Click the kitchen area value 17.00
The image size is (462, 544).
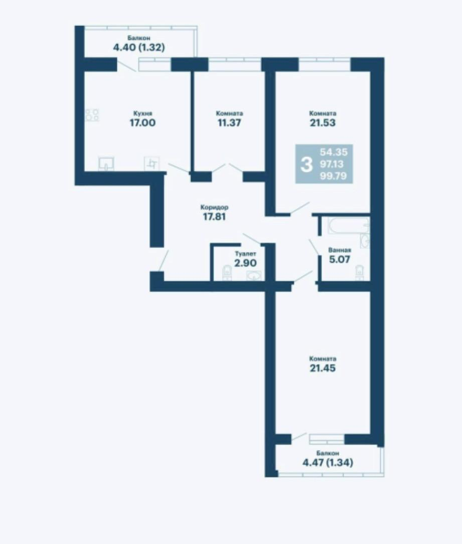click(x=142, y=122)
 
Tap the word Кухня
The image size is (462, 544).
click(x=143, y=113)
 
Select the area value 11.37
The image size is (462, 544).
click(x=229, y=122)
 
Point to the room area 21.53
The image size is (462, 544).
click(x=323, y=122)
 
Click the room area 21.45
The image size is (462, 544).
click(x=323, y=368)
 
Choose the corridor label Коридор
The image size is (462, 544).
click(x=214, y=207)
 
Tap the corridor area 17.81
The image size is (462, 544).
click(x=214, y=217)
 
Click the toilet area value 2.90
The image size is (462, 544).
click(x=246, y=263)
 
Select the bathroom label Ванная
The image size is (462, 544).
click(x=340, y=250)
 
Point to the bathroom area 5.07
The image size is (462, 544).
click(x=340, y=259)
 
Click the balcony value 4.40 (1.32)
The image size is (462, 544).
click(x=139, y=47)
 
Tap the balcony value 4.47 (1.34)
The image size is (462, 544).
click(x=328, y=463)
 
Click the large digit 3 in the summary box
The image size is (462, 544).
click(x=306, y=165)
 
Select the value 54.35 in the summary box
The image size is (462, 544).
click(x=334, y=152)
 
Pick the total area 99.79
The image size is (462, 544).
click(x=333, y=176)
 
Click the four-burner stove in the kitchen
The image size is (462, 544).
click(x=92, y=115)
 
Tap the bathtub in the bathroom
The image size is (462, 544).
click(x=348, y=226)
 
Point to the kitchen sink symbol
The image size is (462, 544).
click(x=106, y=164)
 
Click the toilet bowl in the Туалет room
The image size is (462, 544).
click(x=227, y=272)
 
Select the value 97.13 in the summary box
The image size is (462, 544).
click(x=332, y=164)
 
